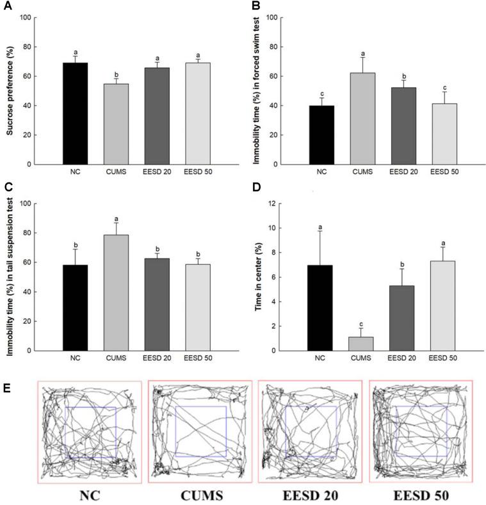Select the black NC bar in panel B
pos(321,135)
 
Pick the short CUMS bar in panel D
pos(361,344)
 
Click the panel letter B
pos(255,6)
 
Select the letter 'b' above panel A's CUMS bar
pos(116,73)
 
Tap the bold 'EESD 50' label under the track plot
pos(421,495)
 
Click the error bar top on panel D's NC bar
pos(321,231)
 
